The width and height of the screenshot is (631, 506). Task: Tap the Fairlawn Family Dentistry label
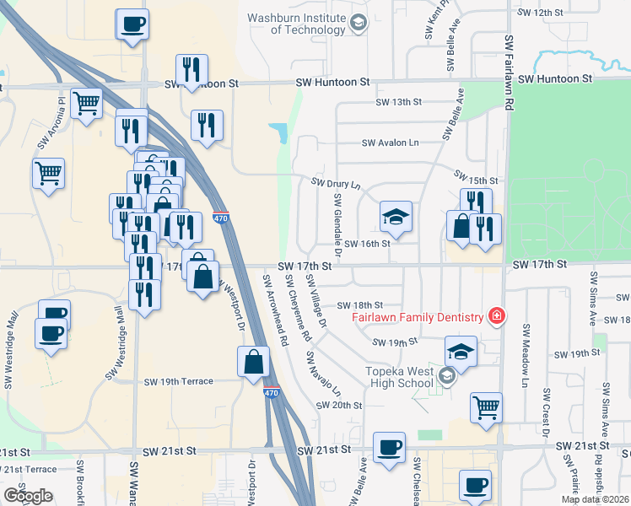(x=418, y=317)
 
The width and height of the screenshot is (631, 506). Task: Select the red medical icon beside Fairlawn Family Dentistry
(x=497, y=316)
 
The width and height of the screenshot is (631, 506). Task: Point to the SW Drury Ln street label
(x=336, y=183)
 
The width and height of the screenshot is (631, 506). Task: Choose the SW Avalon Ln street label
(x=390, y=143)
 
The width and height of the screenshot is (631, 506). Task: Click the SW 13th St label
(x=398, y=102)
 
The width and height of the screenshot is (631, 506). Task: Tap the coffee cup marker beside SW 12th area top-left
(x=132, y=24)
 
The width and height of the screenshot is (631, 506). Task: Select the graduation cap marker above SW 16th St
(x=395, y=218)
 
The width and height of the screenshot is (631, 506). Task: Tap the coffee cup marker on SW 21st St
(x=389, y=447)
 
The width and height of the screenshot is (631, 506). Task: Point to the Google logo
(x=28, y=496)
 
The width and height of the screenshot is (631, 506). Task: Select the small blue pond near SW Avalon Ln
(x=278, y=132)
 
